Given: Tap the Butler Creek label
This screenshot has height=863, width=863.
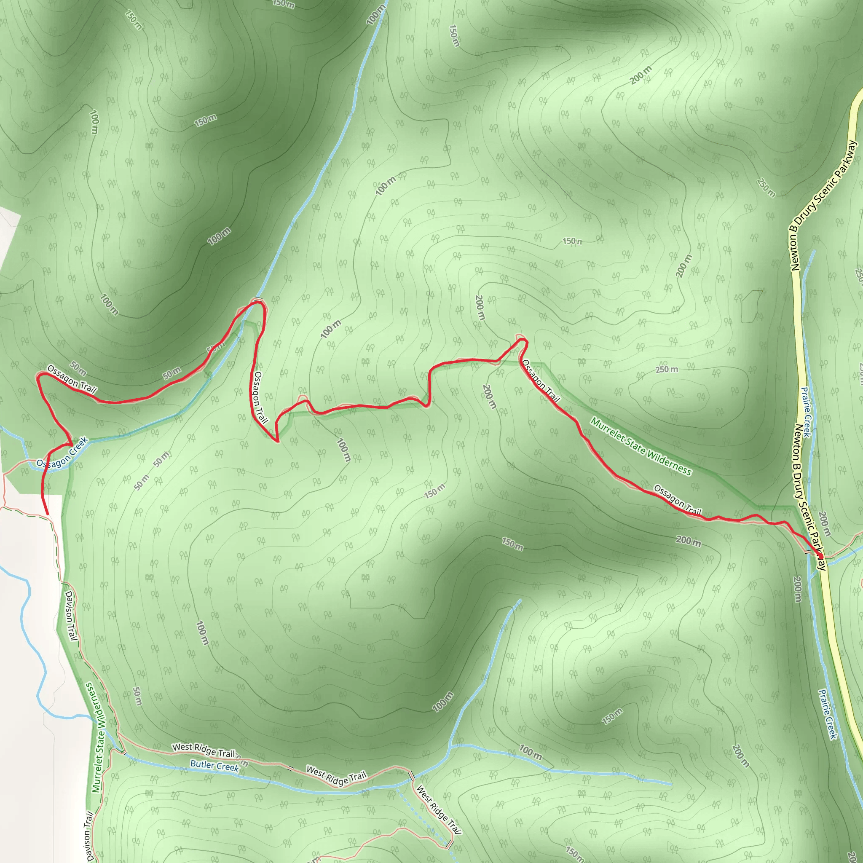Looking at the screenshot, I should click(214, 765).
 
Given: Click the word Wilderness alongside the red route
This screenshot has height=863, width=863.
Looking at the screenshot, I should click(669, 462).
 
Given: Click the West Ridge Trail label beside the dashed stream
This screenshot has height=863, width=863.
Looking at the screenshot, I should click(438, 809).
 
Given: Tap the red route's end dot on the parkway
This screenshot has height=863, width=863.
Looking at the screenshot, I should click(820, 556).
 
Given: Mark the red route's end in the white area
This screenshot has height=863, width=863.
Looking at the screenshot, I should click(47, 514).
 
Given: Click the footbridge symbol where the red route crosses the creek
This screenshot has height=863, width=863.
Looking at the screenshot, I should click(257, 299).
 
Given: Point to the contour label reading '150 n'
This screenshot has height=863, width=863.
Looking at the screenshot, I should click(572, 241).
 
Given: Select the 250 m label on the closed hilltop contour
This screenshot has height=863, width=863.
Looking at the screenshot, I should click(667, 370).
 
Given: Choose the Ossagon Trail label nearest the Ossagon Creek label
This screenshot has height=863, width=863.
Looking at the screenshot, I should click(72, 379).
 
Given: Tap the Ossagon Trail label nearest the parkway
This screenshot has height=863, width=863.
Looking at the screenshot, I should click(677, 499).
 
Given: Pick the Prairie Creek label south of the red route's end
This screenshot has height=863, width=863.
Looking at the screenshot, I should click(827, 714).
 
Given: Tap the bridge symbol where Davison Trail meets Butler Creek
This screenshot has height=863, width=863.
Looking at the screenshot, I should click(124, 753).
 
